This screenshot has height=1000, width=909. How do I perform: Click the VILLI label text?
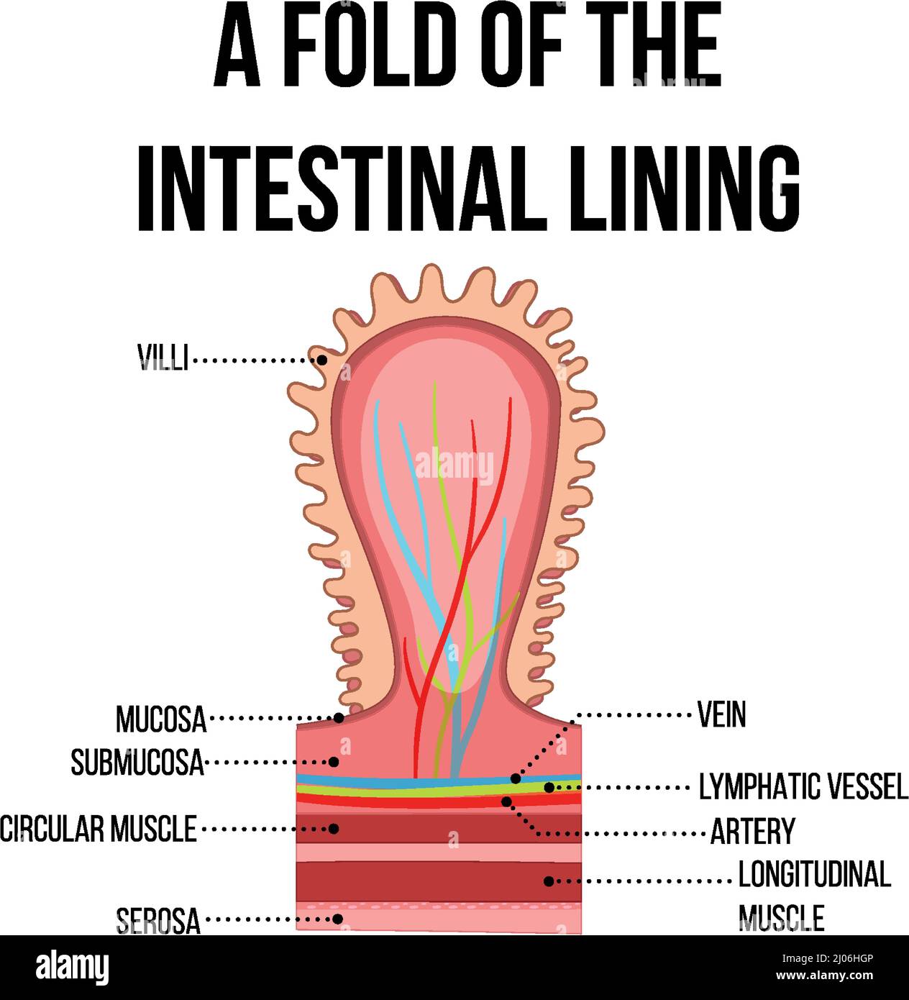163,358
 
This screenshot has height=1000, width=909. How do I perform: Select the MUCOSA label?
161,719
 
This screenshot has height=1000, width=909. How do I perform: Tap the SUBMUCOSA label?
137,762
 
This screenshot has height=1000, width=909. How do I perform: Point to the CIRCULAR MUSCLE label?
99,829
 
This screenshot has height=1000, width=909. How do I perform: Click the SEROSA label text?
158,920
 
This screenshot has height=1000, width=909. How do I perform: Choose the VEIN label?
721,714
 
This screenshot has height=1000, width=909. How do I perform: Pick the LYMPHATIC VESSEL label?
803,787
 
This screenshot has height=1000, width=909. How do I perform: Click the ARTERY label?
752,832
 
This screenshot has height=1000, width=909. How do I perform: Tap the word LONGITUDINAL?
814,874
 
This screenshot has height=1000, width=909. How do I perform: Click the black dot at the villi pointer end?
322,359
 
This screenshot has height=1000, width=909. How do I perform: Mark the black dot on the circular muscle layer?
334,829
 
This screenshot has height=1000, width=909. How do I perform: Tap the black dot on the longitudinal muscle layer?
549,881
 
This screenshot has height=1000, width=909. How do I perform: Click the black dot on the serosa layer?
337,919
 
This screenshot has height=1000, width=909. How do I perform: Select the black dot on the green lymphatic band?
549,788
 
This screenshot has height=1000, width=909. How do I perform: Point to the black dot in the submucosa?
334,761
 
